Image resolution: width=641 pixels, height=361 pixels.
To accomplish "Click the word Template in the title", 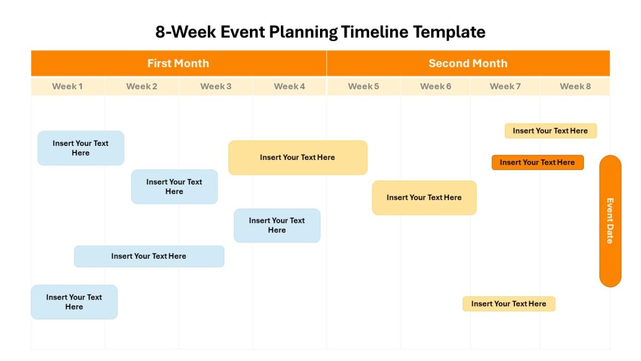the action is pos(449,32).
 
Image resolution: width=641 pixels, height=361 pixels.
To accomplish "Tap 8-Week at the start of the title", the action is pos(185,32).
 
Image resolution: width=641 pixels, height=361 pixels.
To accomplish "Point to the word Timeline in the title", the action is pos(374,32).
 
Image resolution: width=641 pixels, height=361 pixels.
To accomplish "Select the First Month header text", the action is pos(178,63).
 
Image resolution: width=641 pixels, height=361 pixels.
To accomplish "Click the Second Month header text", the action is pos(468,63).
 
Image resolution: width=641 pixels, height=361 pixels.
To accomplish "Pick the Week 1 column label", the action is pos(67,86).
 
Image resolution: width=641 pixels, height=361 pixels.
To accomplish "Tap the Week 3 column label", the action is pos(216,86).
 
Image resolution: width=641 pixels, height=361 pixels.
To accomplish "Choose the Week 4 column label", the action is pos(290,86).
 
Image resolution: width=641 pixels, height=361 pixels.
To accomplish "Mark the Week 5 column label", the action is pos(363,86).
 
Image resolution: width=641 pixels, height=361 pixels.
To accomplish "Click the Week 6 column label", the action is pos(435,86).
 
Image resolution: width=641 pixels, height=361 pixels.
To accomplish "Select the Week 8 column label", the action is pos(575,86).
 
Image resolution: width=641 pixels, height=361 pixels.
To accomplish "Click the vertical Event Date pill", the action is pos(610,221).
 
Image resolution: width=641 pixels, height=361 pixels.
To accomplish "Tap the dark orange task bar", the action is pos(538,163).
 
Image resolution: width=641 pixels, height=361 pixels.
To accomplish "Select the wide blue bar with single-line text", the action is pos(149,256).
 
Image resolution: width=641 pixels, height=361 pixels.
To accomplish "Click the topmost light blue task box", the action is pos(81,148).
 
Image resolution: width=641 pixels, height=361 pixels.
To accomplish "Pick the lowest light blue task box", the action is pos(74,302).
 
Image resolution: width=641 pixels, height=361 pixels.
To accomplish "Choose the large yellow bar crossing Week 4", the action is pos(298,158).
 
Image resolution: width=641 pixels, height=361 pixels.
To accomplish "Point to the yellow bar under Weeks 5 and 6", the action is pos(424,198).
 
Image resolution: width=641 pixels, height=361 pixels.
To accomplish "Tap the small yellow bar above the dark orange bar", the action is pos(551,131).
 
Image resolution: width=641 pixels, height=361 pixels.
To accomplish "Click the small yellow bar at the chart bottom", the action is pos(509,304).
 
